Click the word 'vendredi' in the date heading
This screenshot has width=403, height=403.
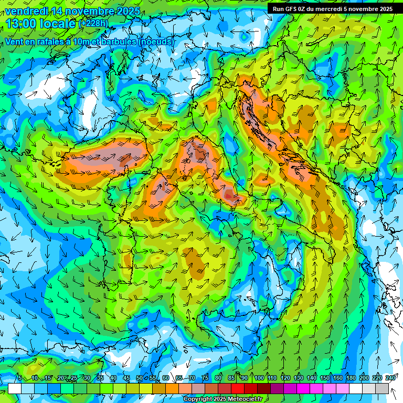coord(27,11)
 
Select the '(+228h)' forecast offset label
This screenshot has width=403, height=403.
coord(93,24)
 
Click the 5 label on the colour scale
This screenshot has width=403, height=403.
coord(19,378)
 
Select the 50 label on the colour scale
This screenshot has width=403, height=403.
coord(139,378)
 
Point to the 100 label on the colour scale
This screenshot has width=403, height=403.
coord(259,378)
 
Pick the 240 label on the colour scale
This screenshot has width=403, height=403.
coord(390,378)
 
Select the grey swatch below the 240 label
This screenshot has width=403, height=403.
coord(382,388)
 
